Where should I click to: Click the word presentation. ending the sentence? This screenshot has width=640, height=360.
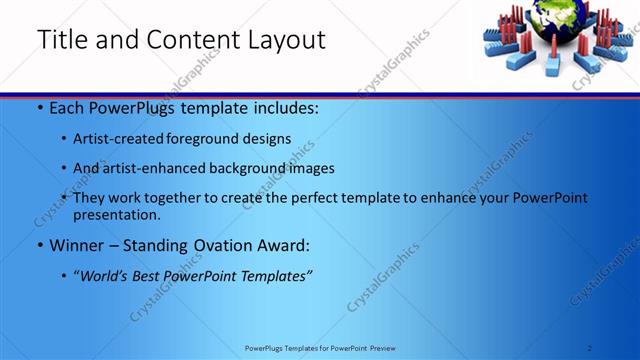click(117, 214)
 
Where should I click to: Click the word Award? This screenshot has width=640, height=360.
click(286, 245)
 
